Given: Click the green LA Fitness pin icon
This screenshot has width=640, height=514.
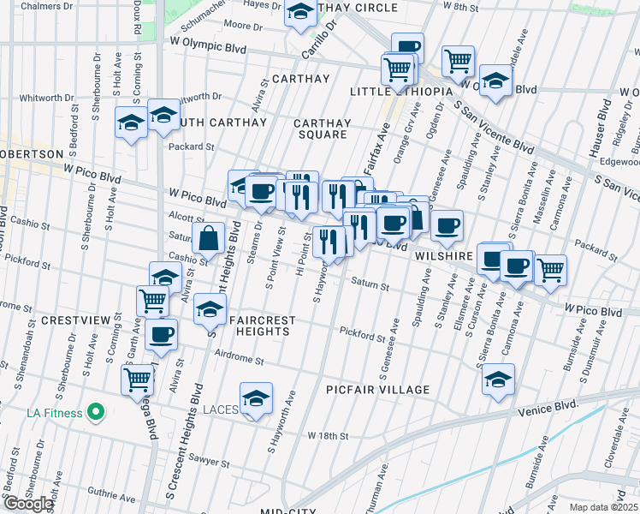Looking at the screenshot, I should pos(97,413).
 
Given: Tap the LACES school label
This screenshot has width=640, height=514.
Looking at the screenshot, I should pos(221,410).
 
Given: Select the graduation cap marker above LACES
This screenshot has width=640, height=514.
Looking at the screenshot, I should pos(255,398).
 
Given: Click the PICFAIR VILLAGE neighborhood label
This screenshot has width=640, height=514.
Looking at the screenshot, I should pos(377,390).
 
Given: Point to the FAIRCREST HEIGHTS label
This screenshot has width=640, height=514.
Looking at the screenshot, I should pos(262,326).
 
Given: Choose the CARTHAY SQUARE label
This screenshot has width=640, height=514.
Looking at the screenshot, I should pos(321,129).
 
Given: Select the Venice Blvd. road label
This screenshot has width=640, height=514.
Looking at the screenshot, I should pos(548,407).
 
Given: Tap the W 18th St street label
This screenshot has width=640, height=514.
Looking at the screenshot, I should pos(329,436).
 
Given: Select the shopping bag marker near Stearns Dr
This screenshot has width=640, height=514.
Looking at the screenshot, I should pos(208,239).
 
